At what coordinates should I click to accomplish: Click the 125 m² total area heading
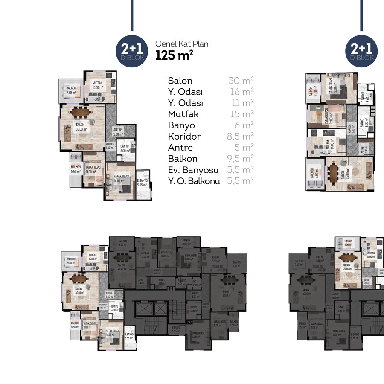174,55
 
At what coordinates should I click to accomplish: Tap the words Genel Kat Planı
183,44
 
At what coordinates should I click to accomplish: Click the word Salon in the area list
180,81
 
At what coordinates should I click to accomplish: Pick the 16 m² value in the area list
241,92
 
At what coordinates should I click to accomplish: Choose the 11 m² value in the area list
242,103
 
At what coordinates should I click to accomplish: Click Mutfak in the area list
183,114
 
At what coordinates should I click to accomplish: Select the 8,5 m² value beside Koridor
240,137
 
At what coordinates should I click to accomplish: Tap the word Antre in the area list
180,148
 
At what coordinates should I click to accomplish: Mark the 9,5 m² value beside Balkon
240,159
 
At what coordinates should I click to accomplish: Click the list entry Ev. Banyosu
193,170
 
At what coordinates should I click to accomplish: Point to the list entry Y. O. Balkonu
194,181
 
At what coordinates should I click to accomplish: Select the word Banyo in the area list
181,125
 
